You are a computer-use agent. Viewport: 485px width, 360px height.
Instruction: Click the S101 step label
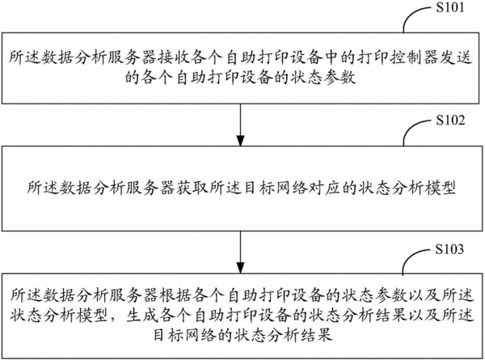click(450, 7)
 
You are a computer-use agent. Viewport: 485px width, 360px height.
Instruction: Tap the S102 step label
click(450, 120)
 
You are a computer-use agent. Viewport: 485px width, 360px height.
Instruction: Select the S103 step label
click(449, 249)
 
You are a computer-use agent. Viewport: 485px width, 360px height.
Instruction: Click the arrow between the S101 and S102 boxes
click(240, 125)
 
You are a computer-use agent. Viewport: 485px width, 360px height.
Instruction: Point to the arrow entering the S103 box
click(240, 252)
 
